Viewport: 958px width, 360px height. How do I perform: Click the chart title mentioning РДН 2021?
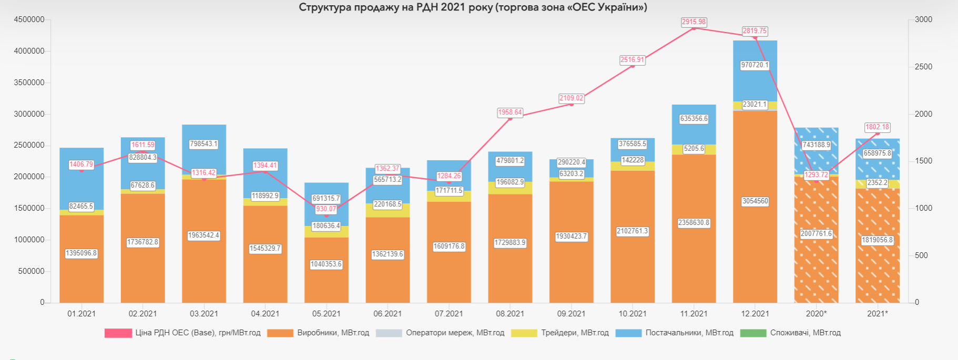[473, 7]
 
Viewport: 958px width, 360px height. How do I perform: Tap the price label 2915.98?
[694, 22]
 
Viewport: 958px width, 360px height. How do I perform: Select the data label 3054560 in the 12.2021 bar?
[755, 201]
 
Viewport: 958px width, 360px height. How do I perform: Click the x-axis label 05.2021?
[326, 314]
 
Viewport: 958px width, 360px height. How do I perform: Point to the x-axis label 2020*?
[816, 314]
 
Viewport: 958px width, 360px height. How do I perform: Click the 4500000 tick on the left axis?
[29, 19]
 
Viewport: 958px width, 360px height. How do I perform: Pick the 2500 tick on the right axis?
[923, 67]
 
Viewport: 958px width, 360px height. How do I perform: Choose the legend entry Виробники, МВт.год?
[333, 333]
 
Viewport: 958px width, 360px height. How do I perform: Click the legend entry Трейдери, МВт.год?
[575, 333]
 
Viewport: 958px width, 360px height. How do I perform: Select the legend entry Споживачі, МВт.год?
[805, 333]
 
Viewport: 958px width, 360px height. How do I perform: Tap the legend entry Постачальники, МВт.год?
[689, 333]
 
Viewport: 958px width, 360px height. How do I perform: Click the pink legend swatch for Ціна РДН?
[118, 333]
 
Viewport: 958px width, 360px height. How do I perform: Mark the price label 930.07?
[326, 209]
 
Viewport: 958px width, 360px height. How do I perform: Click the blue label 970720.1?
[755, 65]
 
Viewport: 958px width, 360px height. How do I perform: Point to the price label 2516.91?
[632, 60]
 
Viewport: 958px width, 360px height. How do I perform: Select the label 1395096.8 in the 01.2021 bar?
[81, 253]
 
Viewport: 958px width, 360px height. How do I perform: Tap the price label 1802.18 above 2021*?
[877, 127]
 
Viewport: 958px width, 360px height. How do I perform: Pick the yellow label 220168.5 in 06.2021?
[388, 204]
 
